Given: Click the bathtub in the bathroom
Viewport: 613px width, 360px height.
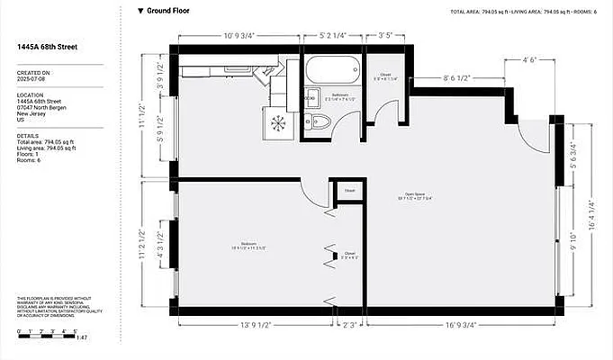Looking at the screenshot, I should pyautogui.click(x=332, y=68).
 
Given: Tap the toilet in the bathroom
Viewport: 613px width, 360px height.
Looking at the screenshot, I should pyautogui.click(x=320, y=123).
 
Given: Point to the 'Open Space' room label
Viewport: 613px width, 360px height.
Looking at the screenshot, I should pyautogui.click(x=414, y=195).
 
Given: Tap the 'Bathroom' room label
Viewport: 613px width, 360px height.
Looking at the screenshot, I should pyautogui.click(x=339, y=94).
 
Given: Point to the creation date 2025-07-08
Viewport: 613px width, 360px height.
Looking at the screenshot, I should pyautogui.click(x=32, y=79).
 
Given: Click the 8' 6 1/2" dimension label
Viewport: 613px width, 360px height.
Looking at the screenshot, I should pyautogui.click(x=459, y=78).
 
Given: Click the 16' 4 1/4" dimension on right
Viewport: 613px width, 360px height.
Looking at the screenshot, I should pyautogui.click(x=590, y=217).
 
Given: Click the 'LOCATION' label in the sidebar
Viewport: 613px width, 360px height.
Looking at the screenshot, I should pyautogui.click(x=30, y=94).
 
